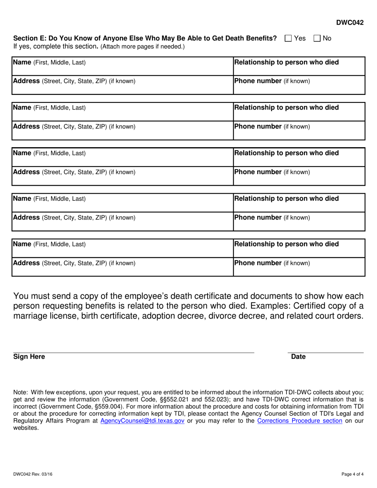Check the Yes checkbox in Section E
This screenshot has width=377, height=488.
tap(289, 38)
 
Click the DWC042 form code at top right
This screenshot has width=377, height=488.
tap(350, 23)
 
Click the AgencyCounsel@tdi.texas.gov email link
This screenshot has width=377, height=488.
tap(142, 421)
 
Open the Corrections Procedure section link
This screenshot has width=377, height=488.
tap(300, 421)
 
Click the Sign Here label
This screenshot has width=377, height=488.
tap(29, 357)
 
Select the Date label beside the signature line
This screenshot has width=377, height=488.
tap(298, 357)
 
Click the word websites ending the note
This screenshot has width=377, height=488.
tap(26, 428)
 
